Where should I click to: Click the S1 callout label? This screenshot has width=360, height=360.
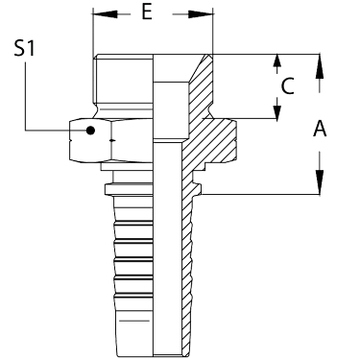[24, 49]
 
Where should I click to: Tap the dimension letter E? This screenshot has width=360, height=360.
[147, 12]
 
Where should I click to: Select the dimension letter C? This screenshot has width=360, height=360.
[287, 86]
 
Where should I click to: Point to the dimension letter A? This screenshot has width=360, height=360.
[320, 129]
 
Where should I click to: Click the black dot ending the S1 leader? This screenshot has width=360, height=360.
[90, 131]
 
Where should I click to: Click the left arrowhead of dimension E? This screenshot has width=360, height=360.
[105, 14]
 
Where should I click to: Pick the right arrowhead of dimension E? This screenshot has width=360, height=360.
[201, 14]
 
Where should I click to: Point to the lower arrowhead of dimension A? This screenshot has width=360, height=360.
[320, 182]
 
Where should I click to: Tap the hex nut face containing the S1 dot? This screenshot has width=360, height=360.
[90, 140]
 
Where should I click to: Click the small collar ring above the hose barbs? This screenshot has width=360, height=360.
[129, 189]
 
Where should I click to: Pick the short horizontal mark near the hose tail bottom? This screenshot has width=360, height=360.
[134, 321]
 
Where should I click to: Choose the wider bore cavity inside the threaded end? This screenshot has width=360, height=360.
[171, 111]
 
